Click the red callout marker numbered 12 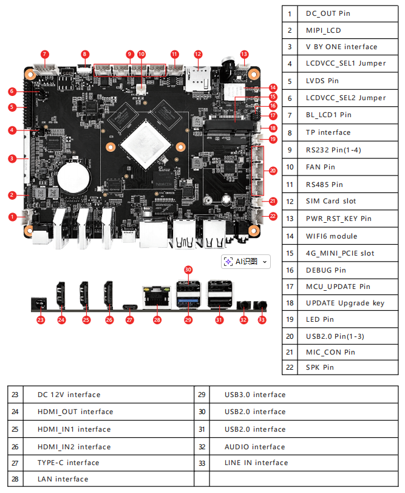[x=198, y=54]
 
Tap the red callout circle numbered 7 [x=45, y=54]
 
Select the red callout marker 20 [x=273, y=171]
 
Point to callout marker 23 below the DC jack [x=41, y=319]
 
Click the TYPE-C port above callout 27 [x=129, y=306]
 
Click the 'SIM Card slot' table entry [x=331, y=201]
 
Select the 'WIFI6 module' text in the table [x=332, y=236]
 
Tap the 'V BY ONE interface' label [x=341, y=47]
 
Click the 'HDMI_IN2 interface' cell [x=74, y=447]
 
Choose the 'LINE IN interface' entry [x=256, y=463]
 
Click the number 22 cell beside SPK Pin [x=290, y=367]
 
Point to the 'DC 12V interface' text [x=69, y=395]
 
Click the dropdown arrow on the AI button [x=265, y=262]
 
